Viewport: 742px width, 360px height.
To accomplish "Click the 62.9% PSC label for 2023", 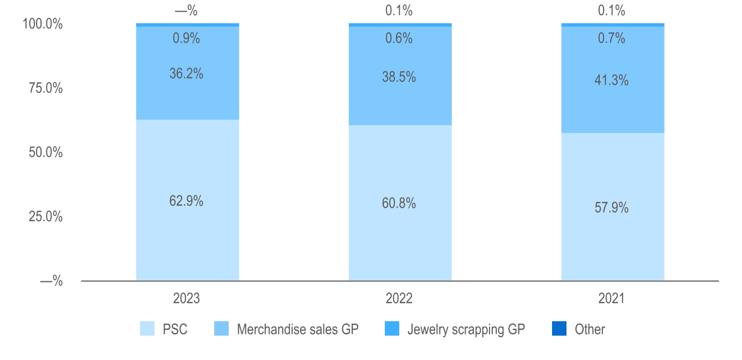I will point(186,201).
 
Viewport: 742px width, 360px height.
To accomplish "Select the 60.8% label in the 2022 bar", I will point(399,203).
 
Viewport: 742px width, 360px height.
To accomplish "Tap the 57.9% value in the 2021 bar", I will point(611,208).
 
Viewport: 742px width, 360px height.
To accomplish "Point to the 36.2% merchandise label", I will point(186,74).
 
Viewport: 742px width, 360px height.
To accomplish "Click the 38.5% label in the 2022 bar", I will point(399,77).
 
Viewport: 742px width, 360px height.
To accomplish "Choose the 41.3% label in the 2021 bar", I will point(611,80).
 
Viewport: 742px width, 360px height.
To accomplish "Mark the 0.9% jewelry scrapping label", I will point(186,38).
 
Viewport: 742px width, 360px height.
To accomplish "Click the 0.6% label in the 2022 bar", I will point(399,38).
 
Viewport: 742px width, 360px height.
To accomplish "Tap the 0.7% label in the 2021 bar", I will point(611,38).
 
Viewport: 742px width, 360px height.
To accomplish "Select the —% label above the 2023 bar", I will point(186,10).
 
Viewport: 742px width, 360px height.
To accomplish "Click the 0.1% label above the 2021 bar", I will point(611,10).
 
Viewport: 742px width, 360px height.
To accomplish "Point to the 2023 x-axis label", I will point(186,299).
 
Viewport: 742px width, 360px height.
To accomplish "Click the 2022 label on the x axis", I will point(399,299).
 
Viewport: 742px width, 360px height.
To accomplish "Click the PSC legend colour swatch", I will point(147,329).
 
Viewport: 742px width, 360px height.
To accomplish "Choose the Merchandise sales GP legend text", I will point(297,330).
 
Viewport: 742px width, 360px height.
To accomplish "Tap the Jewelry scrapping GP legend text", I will point(466,330).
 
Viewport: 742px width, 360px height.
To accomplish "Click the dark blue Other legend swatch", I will point(559,329).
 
